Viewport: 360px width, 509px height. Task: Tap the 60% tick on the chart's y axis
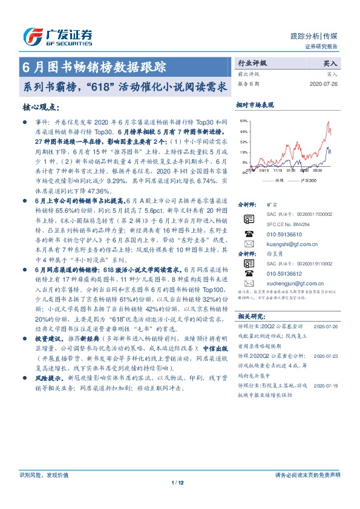pyautogui.click(x=243, y=121)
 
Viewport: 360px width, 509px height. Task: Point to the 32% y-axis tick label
pyautogui.click(x=243, y=141)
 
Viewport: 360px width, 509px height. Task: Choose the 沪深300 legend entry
pyautogui.click(x=307, y=180)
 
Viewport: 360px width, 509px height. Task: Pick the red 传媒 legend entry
pyautogui.click(x=276, y=180)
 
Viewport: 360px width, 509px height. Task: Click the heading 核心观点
pyautogui.click(x=41, y=107)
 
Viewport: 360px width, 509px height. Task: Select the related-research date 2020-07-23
pyautogui.click(x=328, y=357)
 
